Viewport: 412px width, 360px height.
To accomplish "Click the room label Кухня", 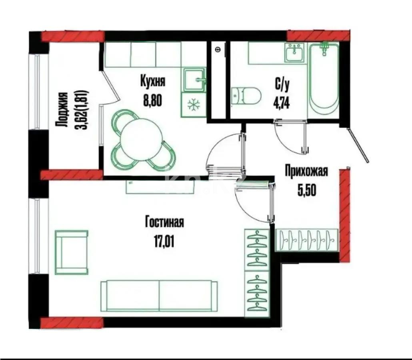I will point(152,81).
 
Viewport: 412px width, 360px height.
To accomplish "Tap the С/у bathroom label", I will point(281,85).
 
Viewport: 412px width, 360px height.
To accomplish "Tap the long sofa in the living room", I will point(159,295).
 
